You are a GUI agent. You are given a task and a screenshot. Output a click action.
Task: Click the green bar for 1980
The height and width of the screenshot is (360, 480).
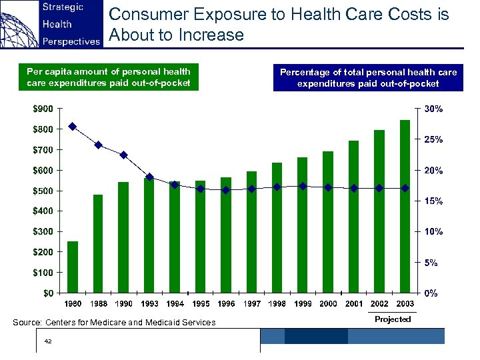(73, 267)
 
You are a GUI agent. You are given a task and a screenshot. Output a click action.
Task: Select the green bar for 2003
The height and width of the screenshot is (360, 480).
(405, 206)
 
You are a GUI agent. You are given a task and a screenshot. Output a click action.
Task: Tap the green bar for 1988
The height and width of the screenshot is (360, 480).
(98, 243)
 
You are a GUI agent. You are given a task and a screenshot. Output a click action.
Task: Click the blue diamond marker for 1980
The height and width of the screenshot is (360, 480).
(73, 127)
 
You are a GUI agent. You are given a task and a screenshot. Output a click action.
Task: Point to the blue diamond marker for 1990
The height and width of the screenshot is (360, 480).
(124, 155)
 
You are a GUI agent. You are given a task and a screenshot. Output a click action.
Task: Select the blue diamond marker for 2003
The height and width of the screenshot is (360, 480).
(405, 188)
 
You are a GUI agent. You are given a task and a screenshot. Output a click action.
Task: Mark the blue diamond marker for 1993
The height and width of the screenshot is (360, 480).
(149, 177)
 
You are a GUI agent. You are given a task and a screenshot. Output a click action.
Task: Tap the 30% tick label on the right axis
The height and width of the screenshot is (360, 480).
(433, 109)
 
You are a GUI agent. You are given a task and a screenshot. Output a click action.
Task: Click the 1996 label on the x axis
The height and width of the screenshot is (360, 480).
(226, 304)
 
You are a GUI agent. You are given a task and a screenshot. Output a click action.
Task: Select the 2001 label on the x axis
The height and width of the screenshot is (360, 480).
(354, 304)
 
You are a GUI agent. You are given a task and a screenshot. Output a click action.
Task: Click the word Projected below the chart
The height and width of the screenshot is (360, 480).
(393, 319)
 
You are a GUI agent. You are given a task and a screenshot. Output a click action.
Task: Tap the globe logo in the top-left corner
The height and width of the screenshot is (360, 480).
(18, 24)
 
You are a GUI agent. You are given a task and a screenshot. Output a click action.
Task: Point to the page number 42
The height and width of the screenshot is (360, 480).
(47, 341)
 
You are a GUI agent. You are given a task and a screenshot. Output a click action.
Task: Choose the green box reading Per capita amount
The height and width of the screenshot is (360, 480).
(108, 77)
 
